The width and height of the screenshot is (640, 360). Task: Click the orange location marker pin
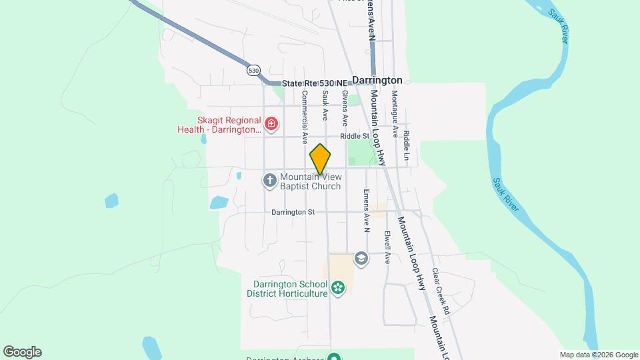tap(320, 159)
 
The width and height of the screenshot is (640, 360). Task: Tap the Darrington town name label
tap(377, 79)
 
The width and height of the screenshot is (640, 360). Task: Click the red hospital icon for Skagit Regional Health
tap(271, 123)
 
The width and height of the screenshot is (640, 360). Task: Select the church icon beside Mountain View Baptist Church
tap(269, 181)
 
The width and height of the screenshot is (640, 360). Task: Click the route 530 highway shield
tap(253, 70)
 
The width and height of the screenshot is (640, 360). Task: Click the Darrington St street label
tap(293, 212)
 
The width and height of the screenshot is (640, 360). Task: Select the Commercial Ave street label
tap(305, 117)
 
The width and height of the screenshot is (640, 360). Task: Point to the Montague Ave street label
tap(395, 114)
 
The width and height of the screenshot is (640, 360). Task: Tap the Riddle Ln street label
tap(407, 135)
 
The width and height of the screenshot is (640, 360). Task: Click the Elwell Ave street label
tap(387, 247)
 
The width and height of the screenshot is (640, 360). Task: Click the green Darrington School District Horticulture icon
tap(338, 288)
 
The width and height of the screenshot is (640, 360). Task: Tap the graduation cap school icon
tap(361, 259)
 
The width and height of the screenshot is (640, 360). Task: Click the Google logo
tap(22, 352)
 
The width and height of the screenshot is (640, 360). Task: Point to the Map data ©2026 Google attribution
tap(599, 355)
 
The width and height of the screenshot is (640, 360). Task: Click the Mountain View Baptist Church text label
tap(310, 181)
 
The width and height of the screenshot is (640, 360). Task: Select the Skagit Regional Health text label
tap(218, 125)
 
